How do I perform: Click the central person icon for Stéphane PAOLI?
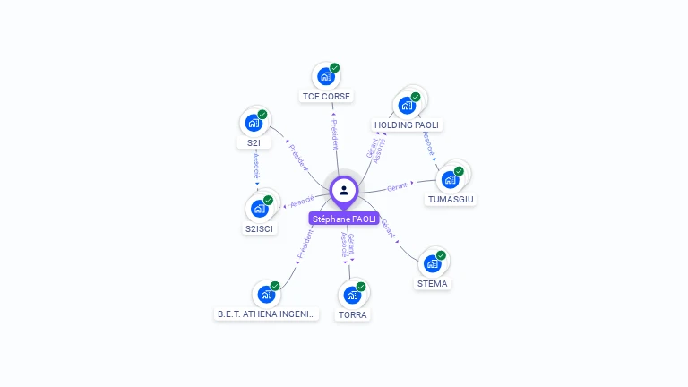point(344,190)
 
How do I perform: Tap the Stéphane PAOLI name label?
point(344,219)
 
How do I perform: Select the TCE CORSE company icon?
point(325,76)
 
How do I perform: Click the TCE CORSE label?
point(327,96)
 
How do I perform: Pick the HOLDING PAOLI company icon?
point(407,106)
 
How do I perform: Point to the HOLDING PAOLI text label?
point(408,125)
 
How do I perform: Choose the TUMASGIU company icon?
point(450,179)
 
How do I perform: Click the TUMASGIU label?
point(451,199)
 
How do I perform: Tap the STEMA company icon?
point(432,263)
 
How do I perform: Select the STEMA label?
point(433,284)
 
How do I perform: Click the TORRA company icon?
point(352,295)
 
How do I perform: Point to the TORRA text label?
point(353,315)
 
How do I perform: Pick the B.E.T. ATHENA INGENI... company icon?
point(266,294)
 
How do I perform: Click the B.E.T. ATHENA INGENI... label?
point(267,314)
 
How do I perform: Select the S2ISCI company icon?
point(260,209)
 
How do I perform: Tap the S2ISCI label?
point(260,228)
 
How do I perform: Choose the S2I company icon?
point(254,124)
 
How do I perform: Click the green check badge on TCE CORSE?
point(335,67)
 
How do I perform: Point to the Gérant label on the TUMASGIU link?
point(397,186)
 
